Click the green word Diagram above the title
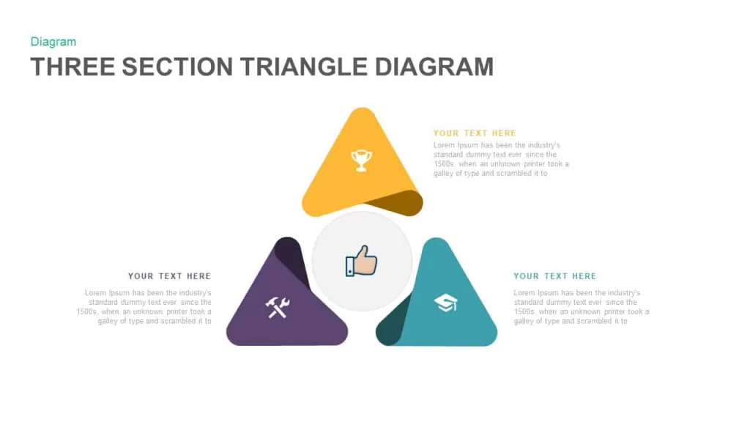pyautogui.click(x=53, y=42)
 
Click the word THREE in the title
pyautogui.click(x=73, y=67)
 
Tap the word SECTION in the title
pyautogui.click(x=177, y=67)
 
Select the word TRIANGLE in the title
pyautogui.click(x=303, y=67)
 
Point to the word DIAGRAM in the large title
pyautogui.click(x=434, y=67)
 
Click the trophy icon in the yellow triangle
pyautogui.click(x=361, y=160)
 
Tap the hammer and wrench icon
pyautogui.click(x=278, y=307)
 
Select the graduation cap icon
pyautogui.click(x=446, y=303)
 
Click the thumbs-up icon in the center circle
pyautogui.click(x=361, y=261)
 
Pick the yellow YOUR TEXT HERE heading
pyautogui.click(x=475, y=133)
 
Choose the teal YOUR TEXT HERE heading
pyautogui.click(x=555, y=276)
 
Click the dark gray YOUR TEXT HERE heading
pyautogui.click(x=169, y=276)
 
